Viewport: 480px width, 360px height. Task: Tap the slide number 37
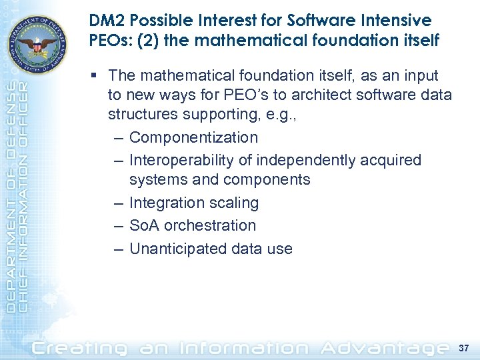(x=465, y=347)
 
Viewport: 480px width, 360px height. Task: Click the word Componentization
(x=193, y=137)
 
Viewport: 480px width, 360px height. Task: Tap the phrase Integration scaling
(x=193, y=203)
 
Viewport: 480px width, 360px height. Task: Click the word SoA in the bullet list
(x=144, y=225)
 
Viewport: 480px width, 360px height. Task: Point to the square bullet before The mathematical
(x=98, y=76)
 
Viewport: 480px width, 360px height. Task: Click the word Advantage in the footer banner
(x=383, y=347)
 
